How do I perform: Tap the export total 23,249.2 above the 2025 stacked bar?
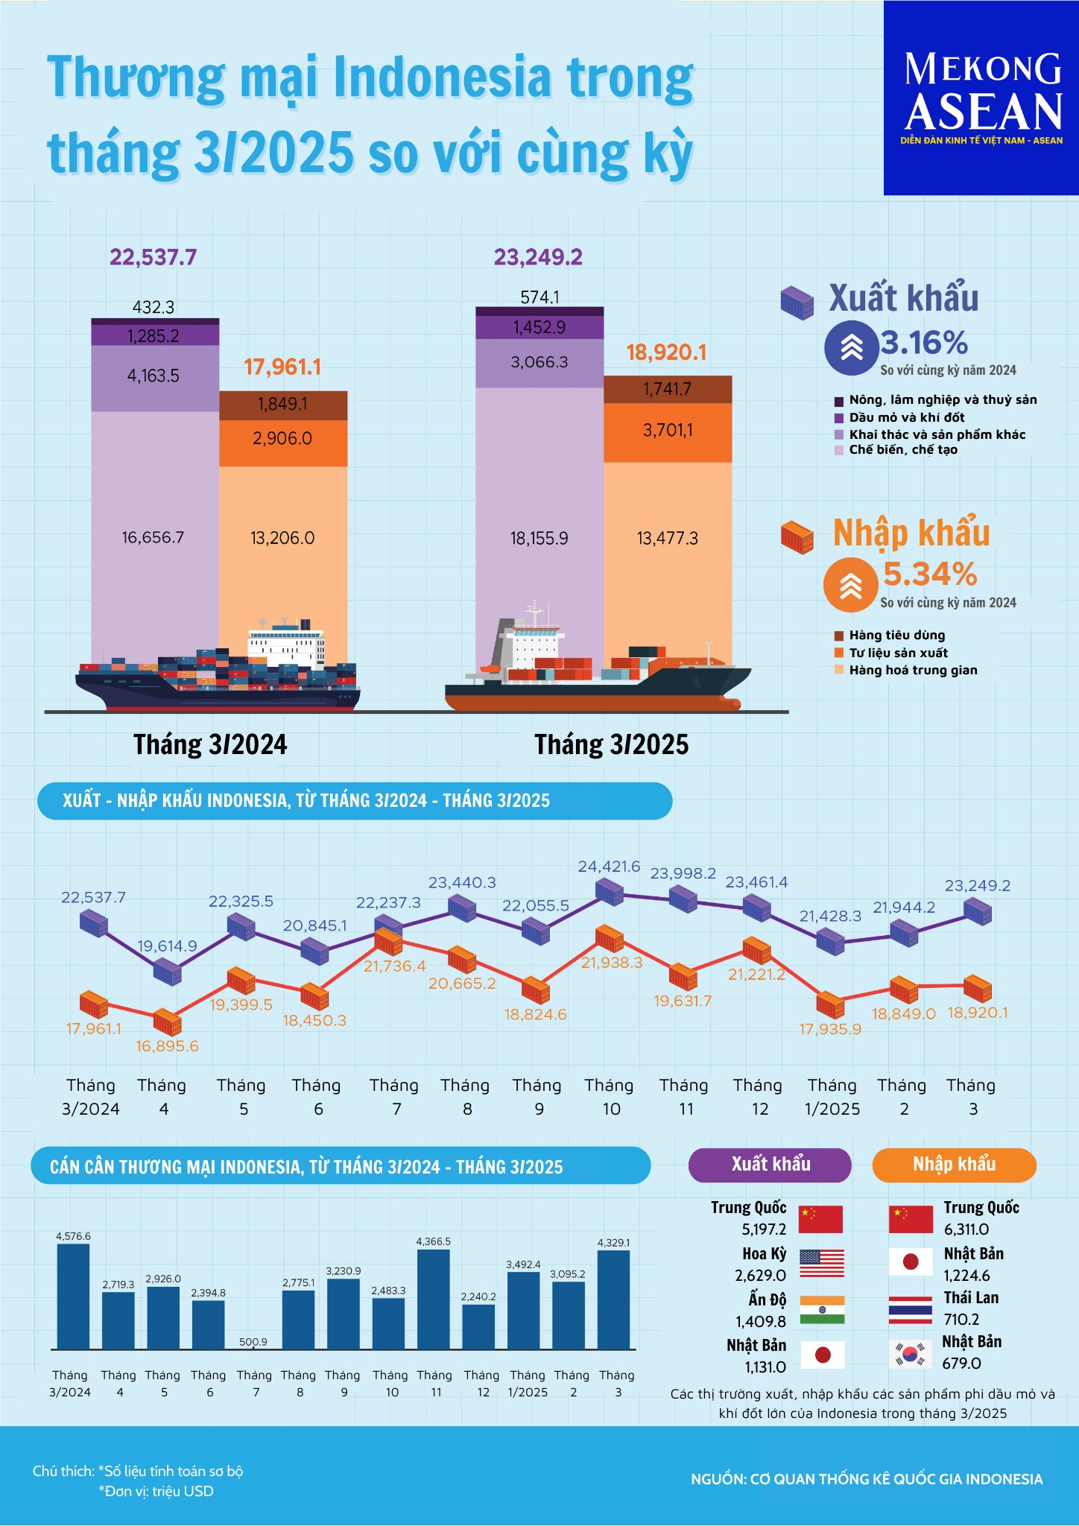(x=538, y=258)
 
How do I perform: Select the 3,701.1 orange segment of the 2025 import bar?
(x=668, y=431)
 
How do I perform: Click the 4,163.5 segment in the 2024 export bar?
(x=154, y=376)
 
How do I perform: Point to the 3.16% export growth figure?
(x=924, y=343)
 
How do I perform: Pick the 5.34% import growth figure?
(x=930, y=574)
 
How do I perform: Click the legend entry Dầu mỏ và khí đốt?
(x=906, y=417)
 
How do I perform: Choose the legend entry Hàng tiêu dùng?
(x=896, y=636)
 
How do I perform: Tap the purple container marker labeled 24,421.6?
(x=610, y=891)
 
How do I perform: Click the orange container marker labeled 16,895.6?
(x=167, y=1023)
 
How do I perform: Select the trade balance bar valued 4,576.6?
(x=73, y=1297)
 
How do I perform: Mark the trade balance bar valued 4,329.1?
(x=613, y=1299)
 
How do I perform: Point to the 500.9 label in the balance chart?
(x=253, y=1342)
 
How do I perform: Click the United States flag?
(x=822, y=1264)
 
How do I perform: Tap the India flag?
(x=822, y=1310)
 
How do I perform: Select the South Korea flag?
(x=911, y=1355)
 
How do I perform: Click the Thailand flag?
(x=911, y=1310)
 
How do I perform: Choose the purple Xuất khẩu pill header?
(x=770, y=1165)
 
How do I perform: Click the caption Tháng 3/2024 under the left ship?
(x=210, y=744)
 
